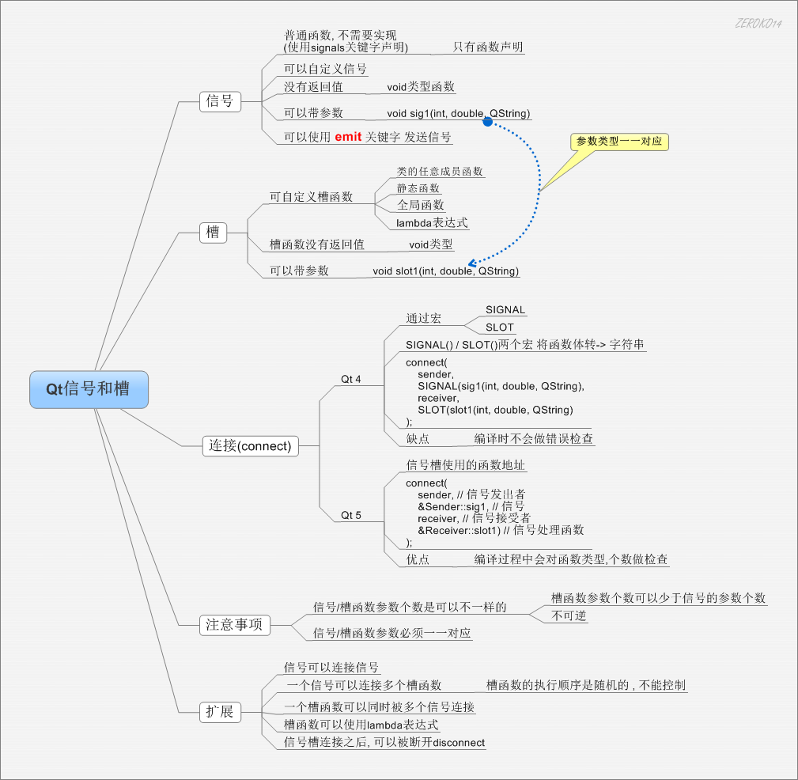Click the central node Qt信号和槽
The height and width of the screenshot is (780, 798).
coord(89,389)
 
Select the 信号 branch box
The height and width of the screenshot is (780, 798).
coord(220,100)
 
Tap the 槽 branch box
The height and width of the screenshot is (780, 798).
coord(213,232)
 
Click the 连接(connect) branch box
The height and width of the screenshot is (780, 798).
coord(251,445)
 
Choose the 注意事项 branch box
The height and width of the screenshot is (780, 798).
coord(234,625)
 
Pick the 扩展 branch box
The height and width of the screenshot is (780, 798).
coord(220,712)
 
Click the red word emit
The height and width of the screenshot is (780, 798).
coord(348,137)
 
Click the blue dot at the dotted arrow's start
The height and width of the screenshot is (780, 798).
coord(488,121)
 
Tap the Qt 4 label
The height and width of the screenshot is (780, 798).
coord(351,380)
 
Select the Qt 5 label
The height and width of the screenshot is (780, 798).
coord(351,516)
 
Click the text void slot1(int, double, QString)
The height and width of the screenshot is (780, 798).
coord(446,271)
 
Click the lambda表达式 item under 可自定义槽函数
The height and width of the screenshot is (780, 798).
coord(432,223)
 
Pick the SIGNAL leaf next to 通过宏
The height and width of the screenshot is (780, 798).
coord(505,310)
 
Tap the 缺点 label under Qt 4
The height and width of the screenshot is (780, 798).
coord(418,438)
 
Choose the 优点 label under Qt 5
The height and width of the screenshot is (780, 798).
coord(418,559)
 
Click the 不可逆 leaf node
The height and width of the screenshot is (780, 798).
coord(569,615)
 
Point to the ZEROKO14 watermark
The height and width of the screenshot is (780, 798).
coord(758,23)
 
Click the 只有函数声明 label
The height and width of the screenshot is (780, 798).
coord(488,47)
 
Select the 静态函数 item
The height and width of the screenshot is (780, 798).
coord(418,188)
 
